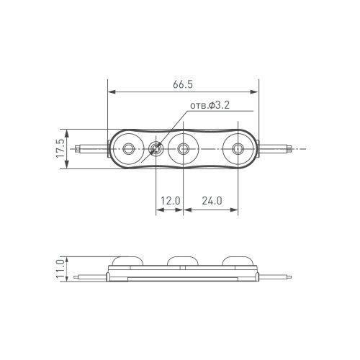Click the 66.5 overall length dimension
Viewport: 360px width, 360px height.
tap(183, 84)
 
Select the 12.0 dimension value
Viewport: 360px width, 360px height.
tap(170, 202)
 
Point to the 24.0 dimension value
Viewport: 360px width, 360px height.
tap(210, 202)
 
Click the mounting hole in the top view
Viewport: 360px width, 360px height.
tap(156, 150)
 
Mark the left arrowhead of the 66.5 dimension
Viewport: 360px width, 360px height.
tap(111, 91)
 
